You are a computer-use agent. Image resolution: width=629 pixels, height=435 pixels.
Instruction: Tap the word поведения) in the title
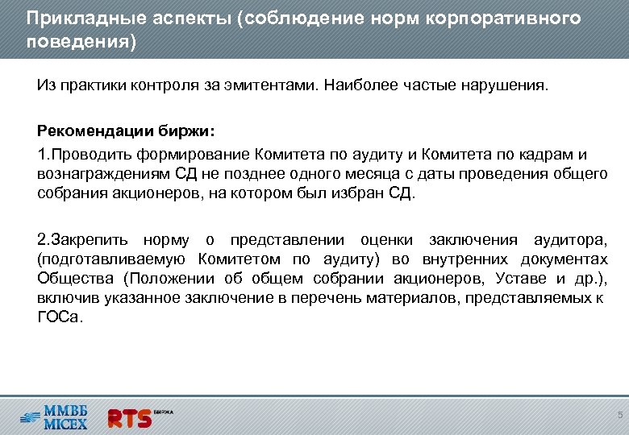[x=81, y=40]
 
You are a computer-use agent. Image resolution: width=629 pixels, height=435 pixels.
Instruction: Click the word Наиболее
[x=355, y=85]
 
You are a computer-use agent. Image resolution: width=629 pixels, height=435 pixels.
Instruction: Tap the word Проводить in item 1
[x=89, y=155]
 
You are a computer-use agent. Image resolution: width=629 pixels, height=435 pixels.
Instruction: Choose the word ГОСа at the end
[x=58, y=317]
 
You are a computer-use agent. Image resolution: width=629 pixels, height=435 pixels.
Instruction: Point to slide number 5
[x=619, y=415]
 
